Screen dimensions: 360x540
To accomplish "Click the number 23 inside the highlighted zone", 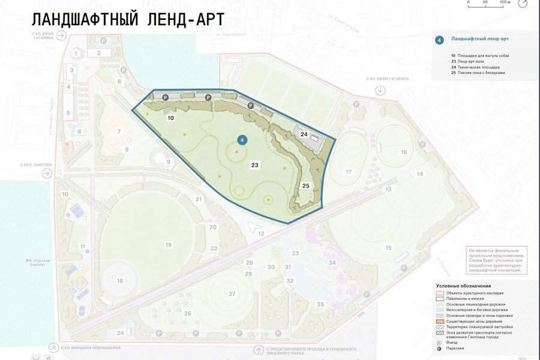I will click(x=254, y=164).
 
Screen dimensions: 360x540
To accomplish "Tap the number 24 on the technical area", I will click(x=304, y=134).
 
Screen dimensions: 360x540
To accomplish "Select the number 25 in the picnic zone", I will click(x=305, y=186).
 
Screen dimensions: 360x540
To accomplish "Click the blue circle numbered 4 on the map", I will click(x=242, y=140).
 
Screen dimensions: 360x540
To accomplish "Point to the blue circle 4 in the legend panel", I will click(x=439, y=40).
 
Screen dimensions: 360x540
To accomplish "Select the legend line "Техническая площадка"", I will click(x=480, y=67).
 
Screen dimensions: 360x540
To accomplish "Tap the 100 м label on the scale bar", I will click(x=505, y=3).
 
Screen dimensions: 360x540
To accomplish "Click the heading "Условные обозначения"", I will click(x=464, y=286).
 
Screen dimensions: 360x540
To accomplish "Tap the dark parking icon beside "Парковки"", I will click(x=440, y=347).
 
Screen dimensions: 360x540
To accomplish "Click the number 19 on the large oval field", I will click(x=169, y=245).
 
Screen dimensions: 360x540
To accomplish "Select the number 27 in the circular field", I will click(x=232, y=293).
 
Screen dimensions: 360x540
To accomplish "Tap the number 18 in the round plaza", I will click(x=120, y=281).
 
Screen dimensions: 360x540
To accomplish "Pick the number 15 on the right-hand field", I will click(x=388, y=248).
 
